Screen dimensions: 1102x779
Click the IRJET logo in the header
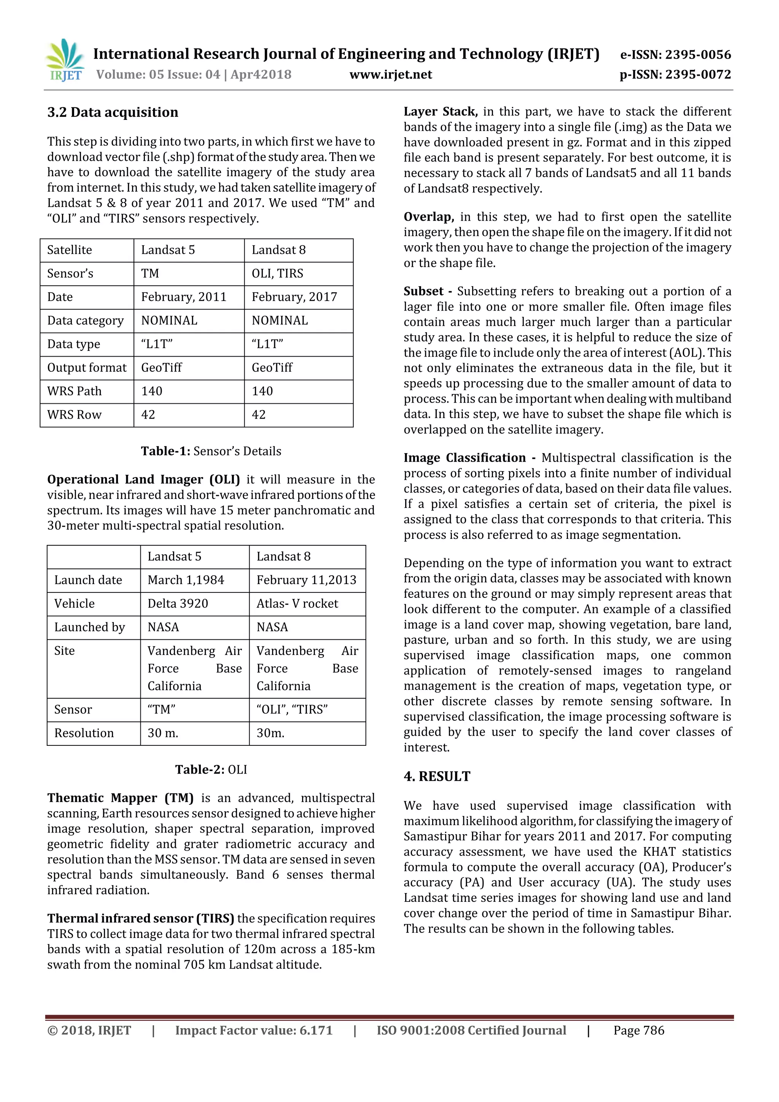(x=64, y=61)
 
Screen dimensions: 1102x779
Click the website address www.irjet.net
(x=391, y=75)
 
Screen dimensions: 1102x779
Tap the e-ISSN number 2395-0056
(x=698, y=55)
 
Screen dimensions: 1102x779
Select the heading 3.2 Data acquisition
(x=113, y=112)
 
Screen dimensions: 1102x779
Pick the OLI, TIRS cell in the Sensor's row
(x=278, y=273)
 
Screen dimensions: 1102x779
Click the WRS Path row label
(x=74, y=391)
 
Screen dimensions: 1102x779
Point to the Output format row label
(x=87, y=368)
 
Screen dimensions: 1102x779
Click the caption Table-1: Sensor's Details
(x=211, y=451)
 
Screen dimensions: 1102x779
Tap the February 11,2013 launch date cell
(x=307, y=580)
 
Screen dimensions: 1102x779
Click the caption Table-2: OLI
(x=211, y=769)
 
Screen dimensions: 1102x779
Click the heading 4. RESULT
(x=437, y=776)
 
